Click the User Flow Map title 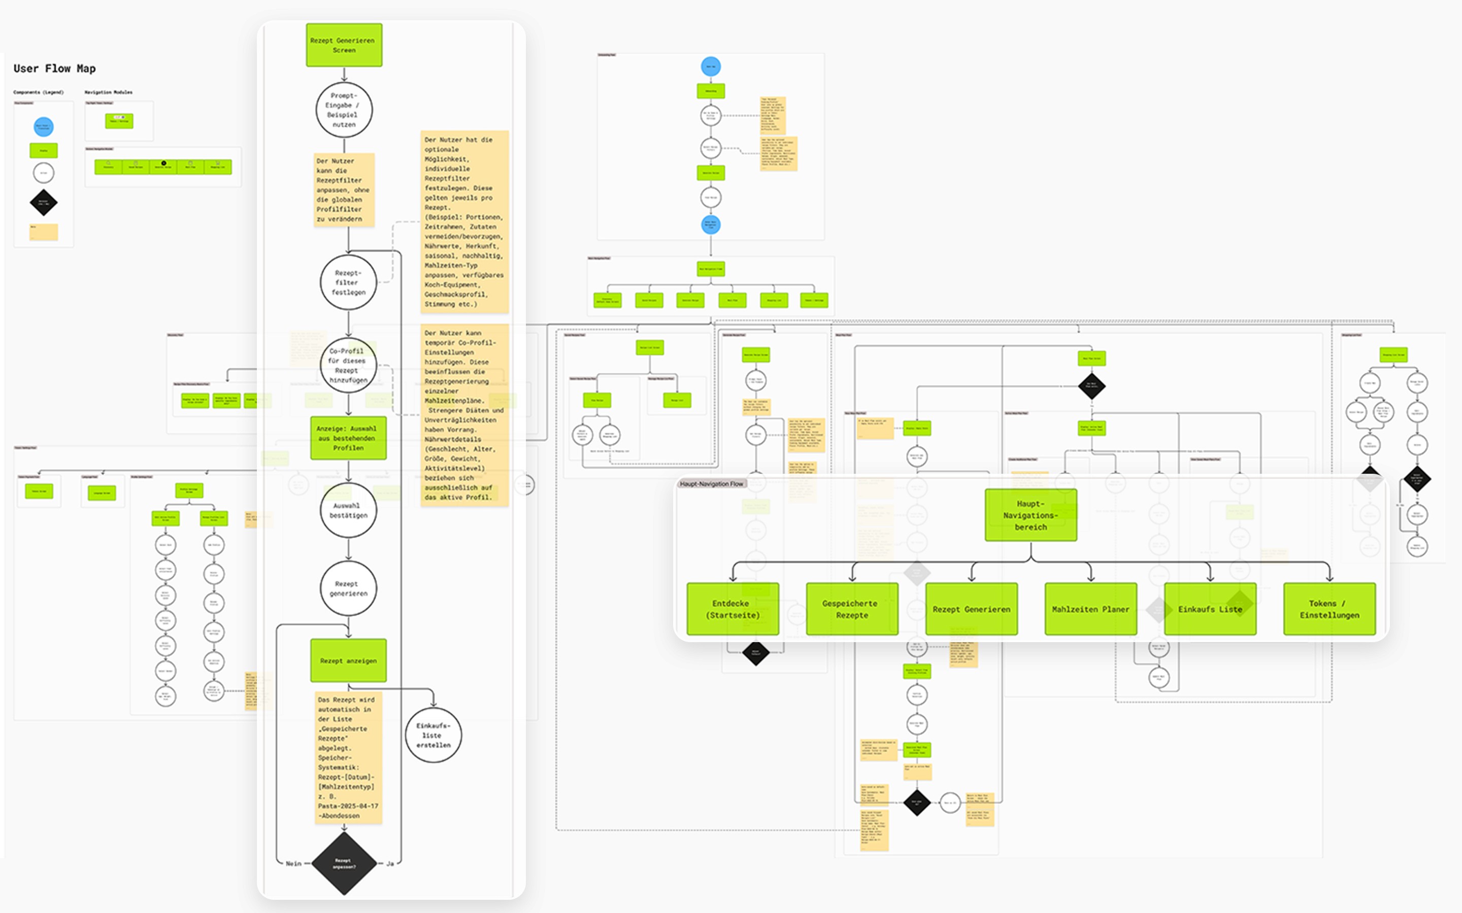tap(54, 69)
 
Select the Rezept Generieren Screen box tap(344, 45)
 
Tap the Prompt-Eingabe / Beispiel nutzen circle tap(344, 110)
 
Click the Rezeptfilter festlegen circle tap(348, 283)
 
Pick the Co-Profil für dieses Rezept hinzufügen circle tap(348, 365)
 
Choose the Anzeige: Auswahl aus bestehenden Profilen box tap(348, 438)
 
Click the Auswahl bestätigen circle tap(348, 510)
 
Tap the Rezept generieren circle tap(348, 588)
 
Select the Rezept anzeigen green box tap(348, 660)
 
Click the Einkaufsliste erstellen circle tap(433, 735)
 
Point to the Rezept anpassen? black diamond tap(344, 863)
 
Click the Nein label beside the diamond tap(293, 863)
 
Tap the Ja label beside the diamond tap(390, 863)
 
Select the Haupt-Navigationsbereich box tap(1031, 515)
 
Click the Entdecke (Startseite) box tap(732, 609)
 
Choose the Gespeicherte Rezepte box tap(852, 609)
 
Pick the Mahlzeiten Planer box tap(1090, 609)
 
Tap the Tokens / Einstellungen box tap(1329, 609)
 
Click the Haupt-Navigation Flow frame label tap(711, 484)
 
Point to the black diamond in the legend tap(44, 202)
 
